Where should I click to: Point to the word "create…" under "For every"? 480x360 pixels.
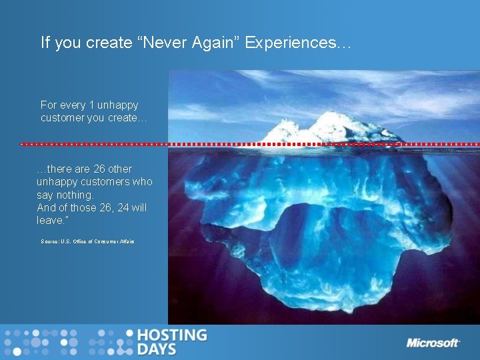pyautogui.click(x=127, y=118)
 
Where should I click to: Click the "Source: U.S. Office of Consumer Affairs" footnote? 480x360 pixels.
pyautogui.click(x=87, y=241)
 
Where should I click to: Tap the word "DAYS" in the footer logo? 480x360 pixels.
pyautogui.click(x=157, y=349)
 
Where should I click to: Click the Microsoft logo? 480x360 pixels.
pyautogui.click(x=433, y=343)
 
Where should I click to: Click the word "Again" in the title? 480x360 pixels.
pyautogui.click(x=213, y=43)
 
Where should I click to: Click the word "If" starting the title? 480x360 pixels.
pyautogui.click(x=45, y=43)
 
